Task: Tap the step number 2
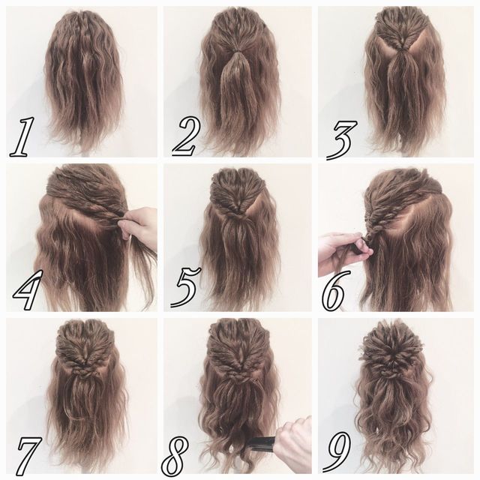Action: tap(186, 136)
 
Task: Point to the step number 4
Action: tap(28, 290)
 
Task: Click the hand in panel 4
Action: tap(139, 224)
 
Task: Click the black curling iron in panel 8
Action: tap(262, 443)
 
